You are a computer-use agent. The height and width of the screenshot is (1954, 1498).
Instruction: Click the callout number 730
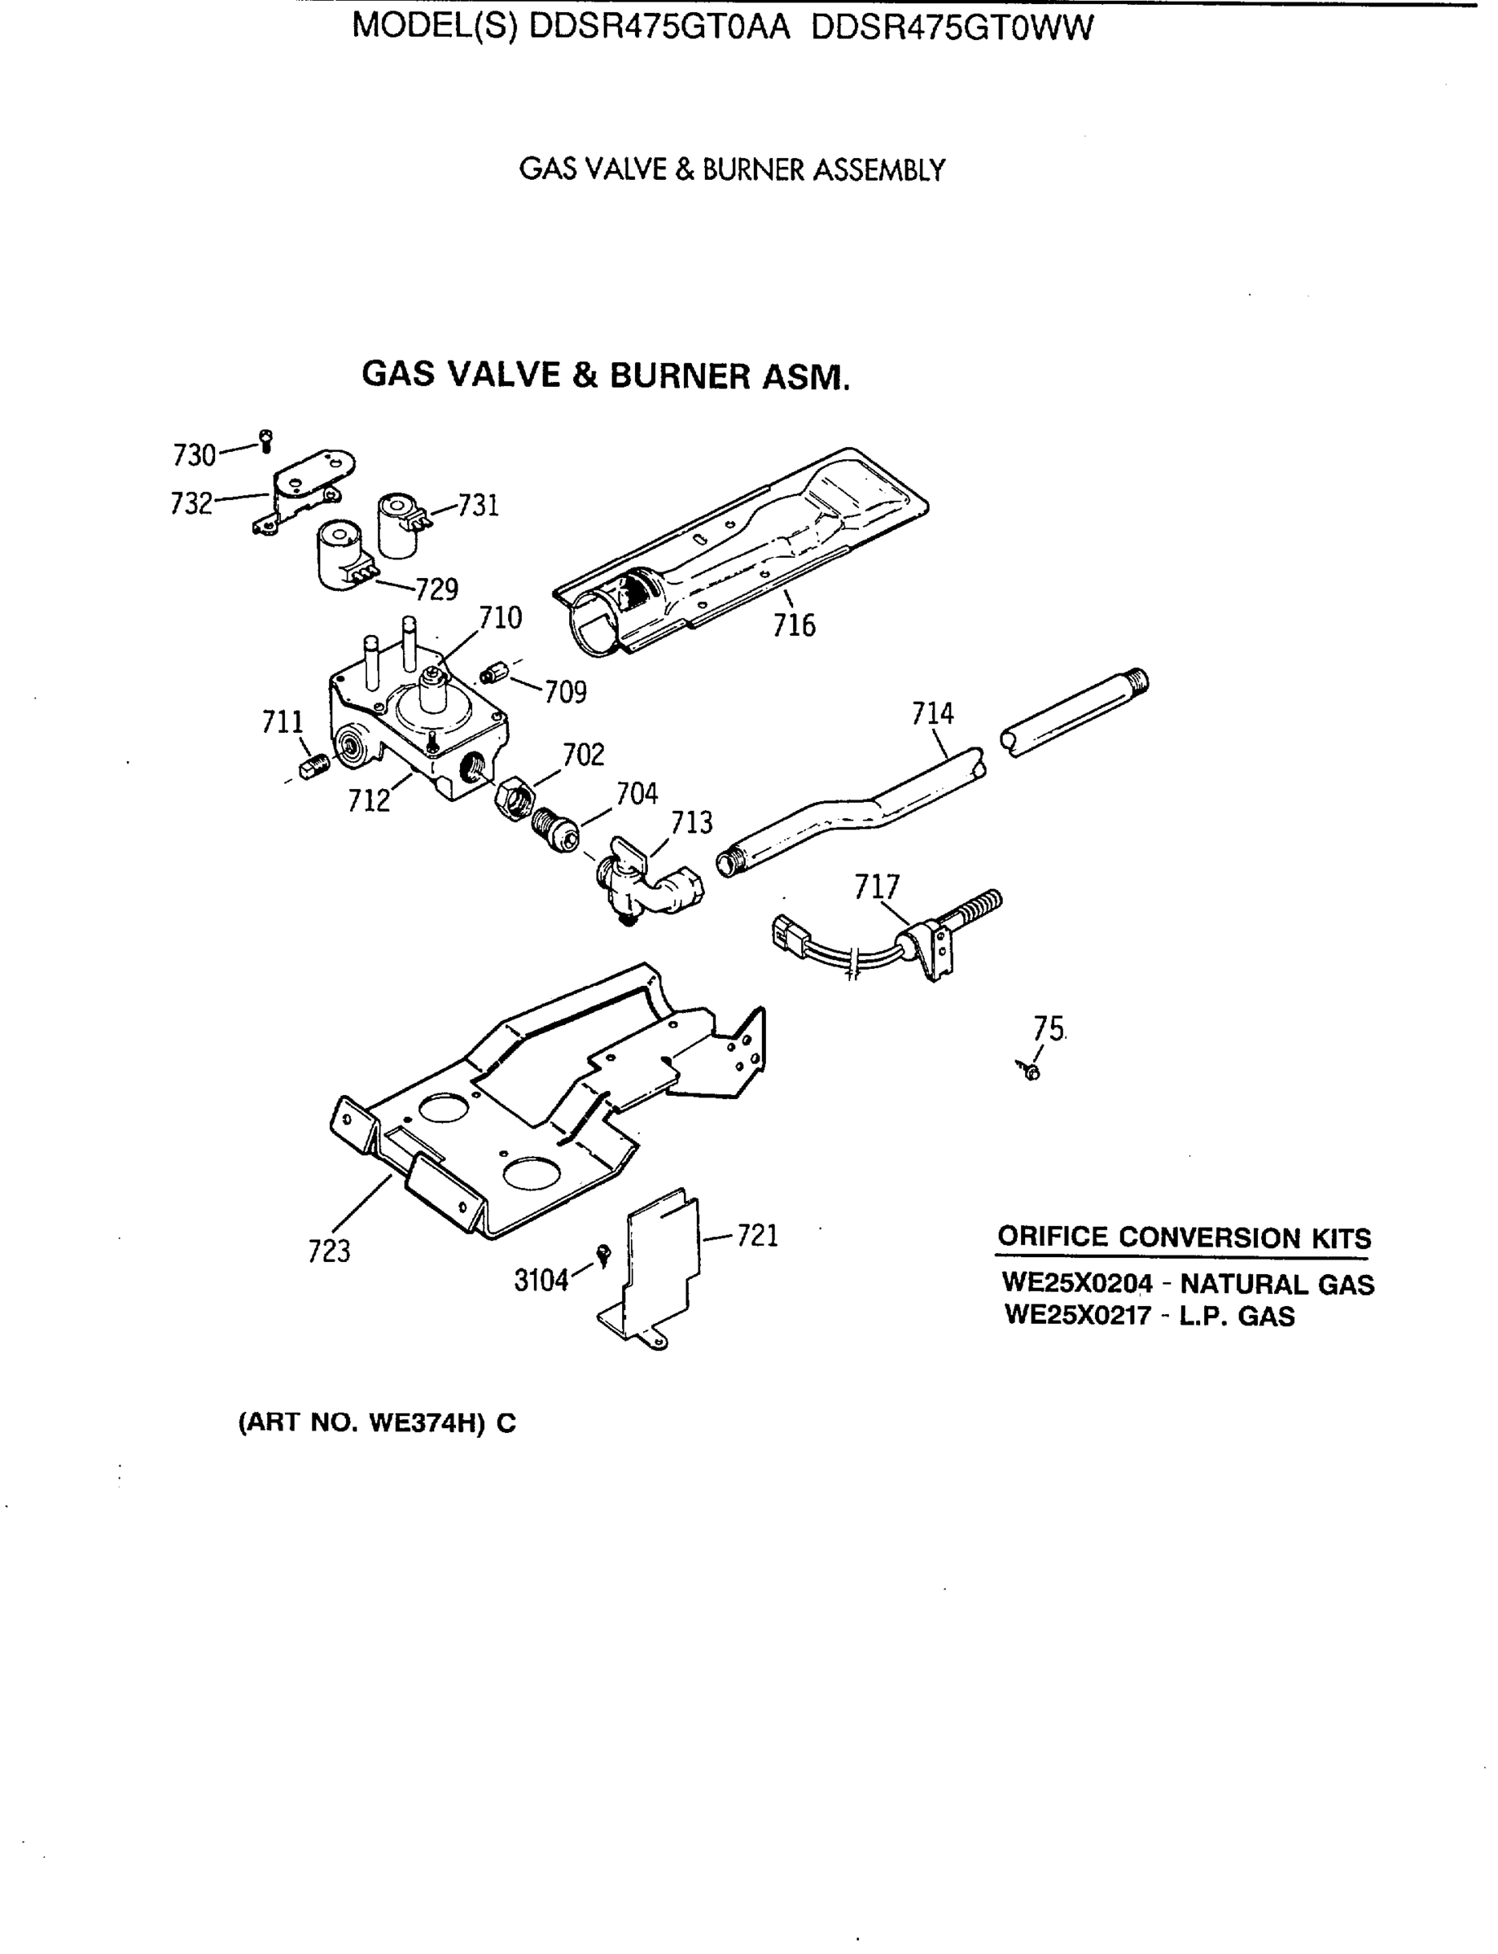(194, 456)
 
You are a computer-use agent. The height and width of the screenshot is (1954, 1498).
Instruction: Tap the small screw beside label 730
(265, 440)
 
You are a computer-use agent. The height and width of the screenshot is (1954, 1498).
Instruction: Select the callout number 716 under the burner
(794, 625)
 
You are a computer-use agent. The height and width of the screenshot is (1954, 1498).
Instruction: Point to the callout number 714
(933, 713)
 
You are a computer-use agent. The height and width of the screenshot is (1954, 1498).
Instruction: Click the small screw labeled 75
(1031, 1071)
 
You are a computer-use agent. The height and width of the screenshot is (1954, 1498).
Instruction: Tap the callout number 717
(878, 887)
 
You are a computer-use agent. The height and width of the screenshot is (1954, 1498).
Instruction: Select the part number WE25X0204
(1077, 1283)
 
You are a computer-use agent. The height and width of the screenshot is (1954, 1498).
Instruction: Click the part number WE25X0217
(1077, 1316)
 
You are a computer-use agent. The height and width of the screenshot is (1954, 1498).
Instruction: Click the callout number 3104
(541, 1281)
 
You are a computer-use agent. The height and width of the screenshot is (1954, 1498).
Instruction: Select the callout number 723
(329, 1251)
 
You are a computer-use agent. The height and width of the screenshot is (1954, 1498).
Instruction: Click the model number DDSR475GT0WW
(953, 28)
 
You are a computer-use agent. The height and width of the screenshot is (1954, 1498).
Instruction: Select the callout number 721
(757, 1236)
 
